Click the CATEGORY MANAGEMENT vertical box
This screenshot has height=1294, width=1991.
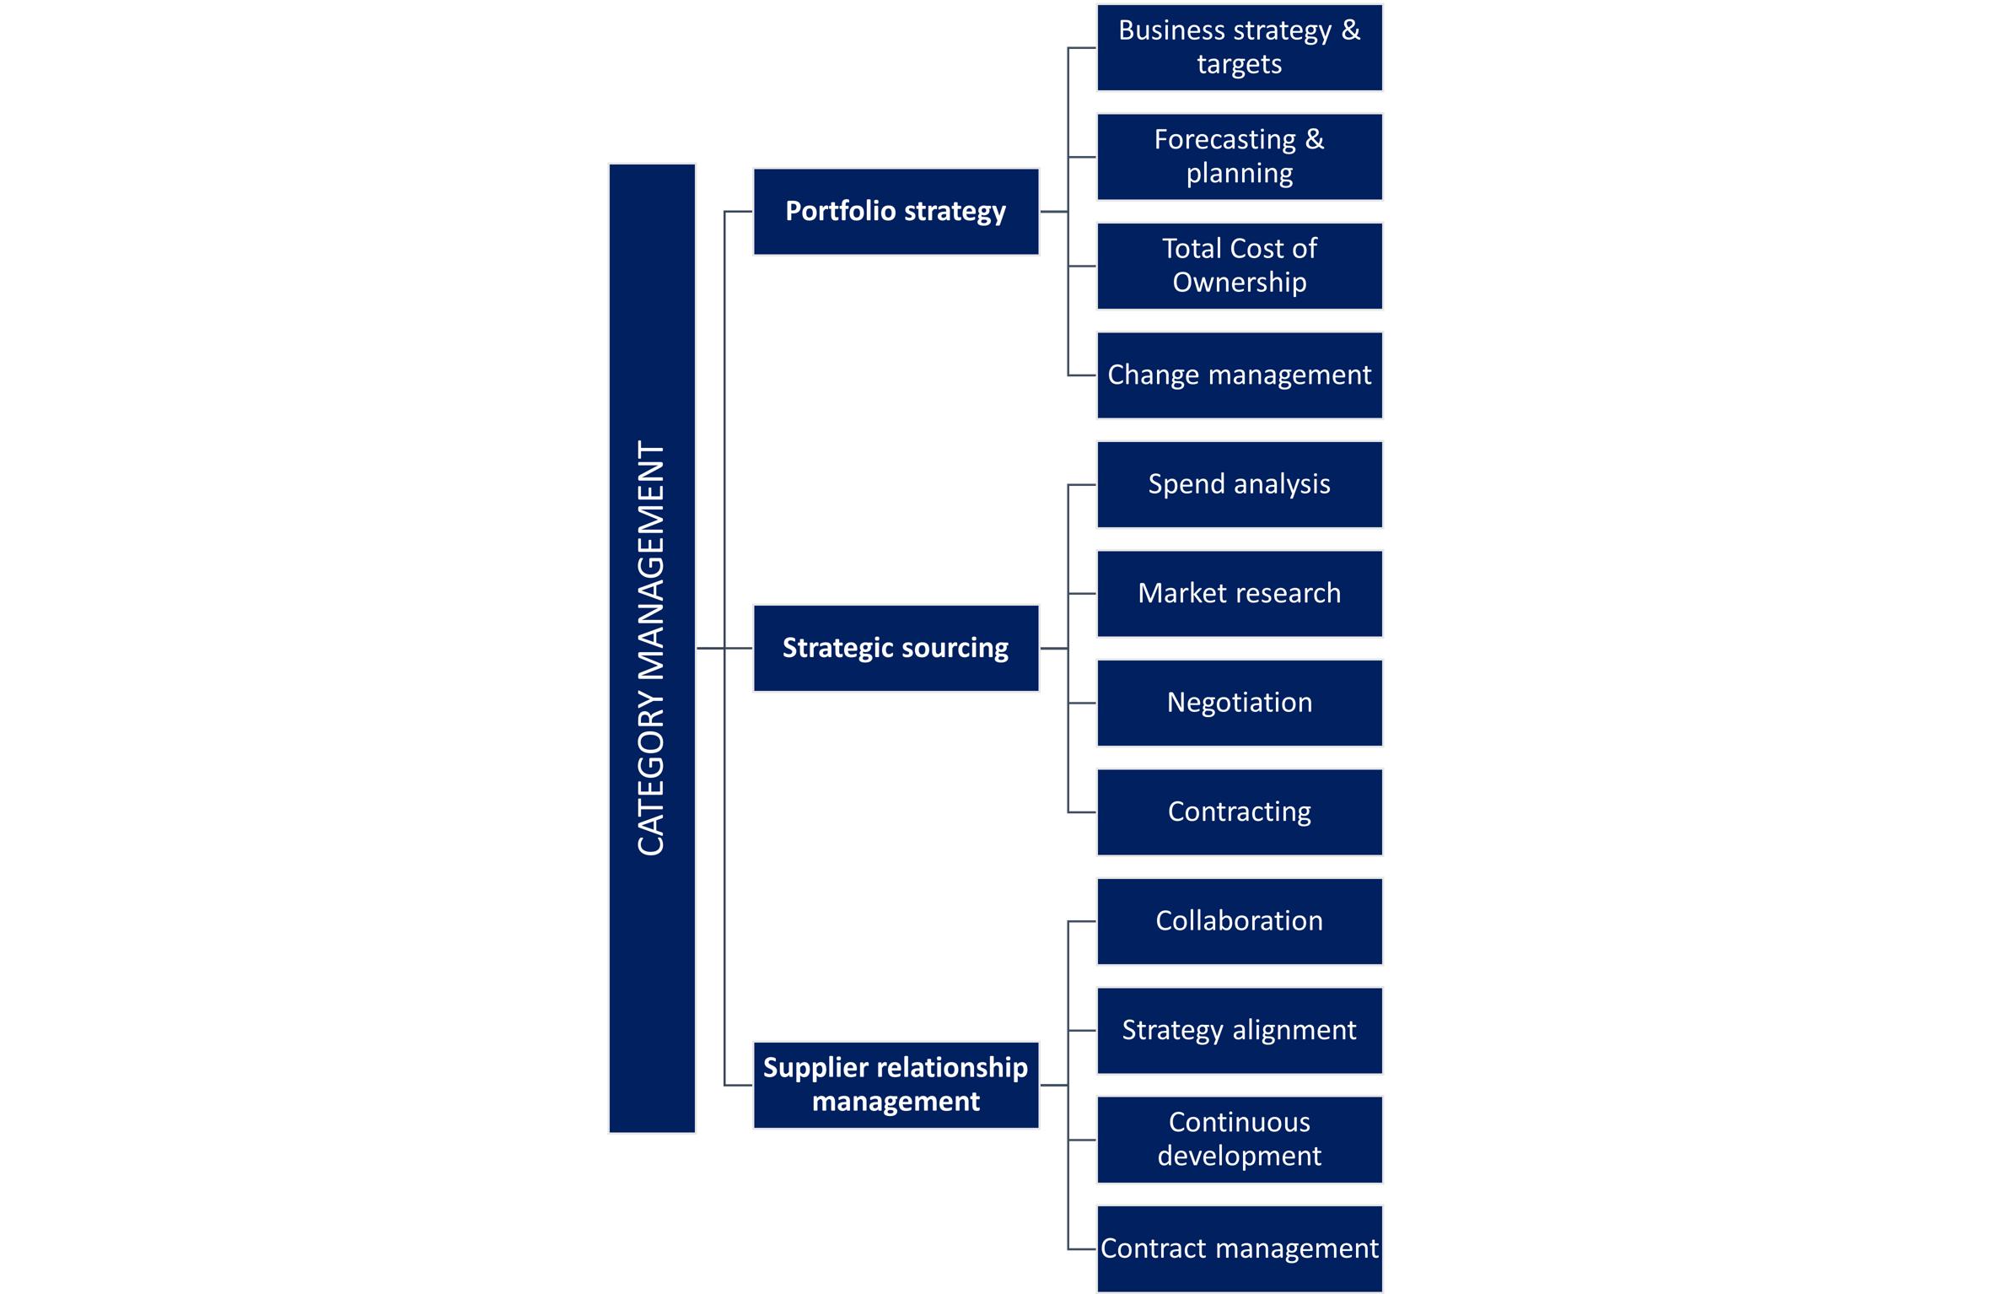652,648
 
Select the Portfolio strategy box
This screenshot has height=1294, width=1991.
896,212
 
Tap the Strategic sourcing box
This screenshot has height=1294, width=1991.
896,648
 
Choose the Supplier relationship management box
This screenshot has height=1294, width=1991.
896,1085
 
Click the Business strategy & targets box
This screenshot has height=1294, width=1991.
1239,47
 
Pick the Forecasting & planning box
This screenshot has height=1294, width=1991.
1239,157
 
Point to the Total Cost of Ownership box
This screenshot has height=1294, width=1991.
1239,266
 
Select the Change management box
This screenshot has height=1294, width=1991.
1239,375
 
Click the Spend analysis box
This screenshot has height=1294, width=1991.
1239,484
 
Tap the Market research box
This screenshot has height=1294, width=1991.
1239,593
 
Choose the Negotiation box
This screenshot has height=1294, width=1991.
1239,703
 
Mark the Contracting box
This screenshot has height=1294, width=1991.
1239,811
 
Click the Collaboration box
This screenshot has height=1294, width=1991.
1239,921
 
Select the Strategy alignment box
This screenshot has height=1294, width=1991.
1239,1030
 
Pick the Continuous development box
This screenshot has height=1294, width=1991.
1239,1140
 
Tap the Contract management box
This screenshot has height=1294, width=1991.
1239,1248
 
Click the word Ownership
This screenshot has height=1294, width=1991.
1239,283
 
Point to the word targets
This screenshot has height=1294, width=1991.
1239,65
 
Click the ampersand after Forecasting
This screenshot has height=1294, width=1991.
1314,139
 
